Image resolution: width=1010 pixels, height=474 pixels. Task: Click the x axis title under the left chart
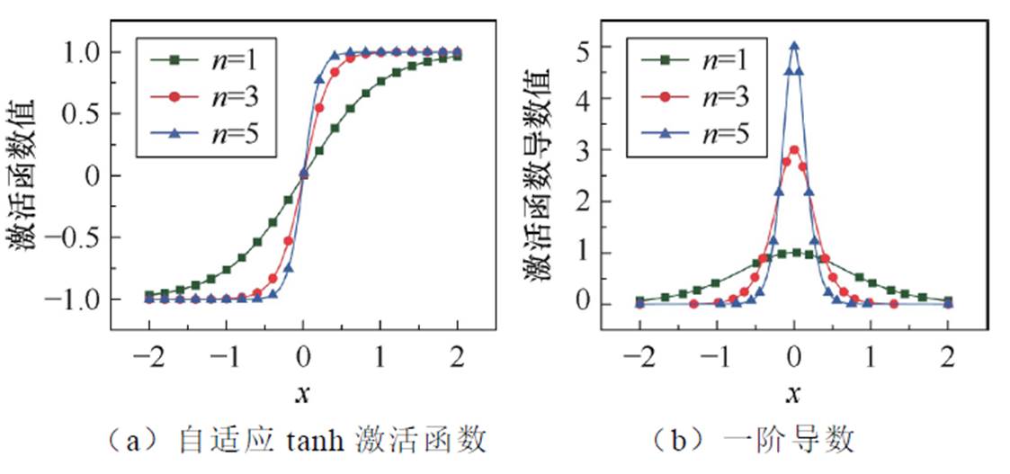click(x=304, y=394)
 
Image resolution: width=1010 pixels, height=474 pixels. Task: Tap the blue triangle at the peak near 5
click(x=794, y=45)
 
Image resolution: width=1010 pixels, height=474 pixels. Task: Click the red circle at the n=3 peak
click(x=794, y=150)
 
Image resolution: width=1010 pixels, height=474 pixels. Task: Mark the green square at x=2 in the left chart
click(x=458, y=56)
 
